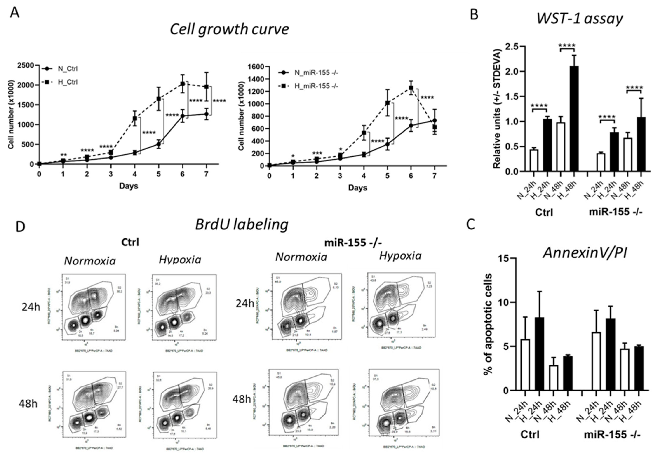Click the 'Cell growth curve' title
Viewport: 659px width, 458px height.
tap(229, 29)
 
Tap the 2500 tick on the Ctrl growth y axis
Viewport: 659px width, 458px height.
tap(26, 65)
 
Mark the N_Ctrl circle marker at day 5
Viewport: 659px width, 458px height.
tap(158, 144)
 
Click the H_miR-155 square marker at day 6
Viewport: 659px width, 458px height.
tap(411, 88)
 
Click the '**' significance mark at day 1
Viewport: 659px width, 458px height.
tap(63, 155)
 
